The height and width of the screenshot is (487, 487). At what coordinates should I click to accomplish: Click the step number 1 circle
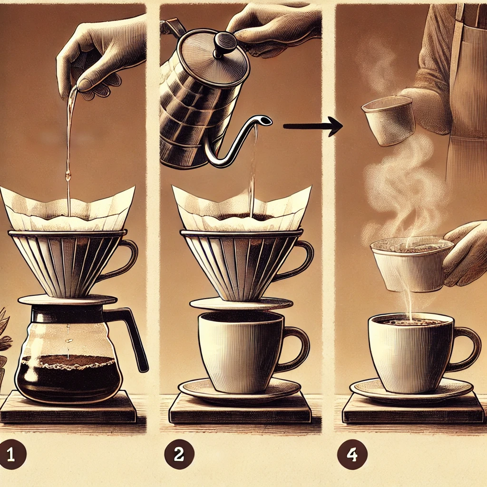pyautogui.click(x=12, y=454)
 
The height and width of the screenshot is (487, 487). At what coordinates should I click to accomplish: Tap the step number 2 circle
pyautogui.click(x=179, y=454)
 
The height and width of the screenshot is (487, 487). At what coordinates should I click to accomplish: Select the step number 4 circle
pyautogui.click(x=352, y=454)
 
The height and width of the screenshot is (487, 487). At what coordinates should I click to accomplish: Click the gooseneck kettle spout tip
pyautogui.click(x=266, y=120)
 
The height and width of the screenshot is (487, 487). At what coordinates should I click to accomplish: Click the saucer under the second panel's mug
pyautogui.click(x=239, y=392)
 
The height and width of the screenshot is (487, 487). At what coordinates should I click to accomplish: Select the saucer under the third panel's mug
pyautogui.click(x=411, y=392)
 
